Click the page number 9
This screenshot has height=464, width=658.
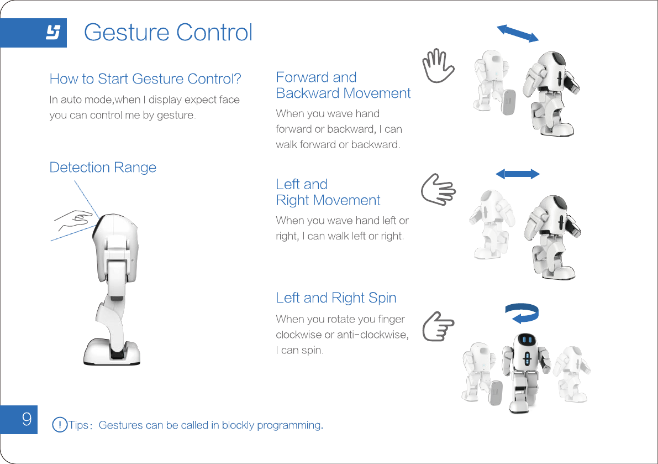[26, 419]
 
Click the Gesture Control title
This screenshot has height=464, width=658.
[168, 33]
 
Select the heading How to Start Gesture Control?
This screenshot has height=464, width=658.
[145, 79]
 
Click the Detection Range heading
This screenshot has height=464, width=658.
[103, 168]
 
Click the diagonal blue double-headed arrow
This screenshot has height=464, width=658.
[518, 33]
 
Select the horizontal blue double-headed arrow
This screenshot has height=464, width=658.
[517, 174]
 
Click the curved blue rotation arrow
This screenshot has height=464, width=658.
[522, 313]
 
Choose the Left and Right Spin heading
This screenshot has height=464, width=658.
[336, 298]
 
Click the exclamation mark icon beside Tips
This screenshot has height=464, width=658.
[59, 425]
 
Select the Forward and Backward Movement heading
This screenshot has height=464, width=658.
[343, 85]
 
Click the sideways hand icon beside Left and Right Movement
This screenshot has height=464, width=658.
[438, 190]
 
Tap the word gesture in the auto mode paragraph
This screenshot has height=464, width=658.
[176, 116]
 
